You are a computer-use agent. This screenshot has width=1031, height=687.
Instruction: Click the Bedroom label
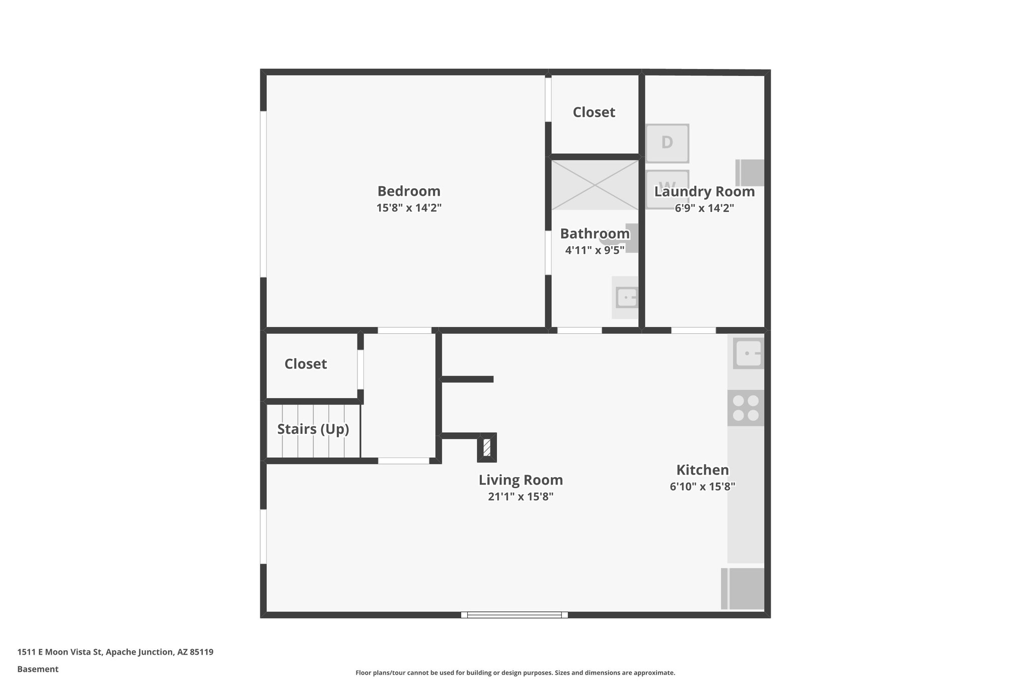409,191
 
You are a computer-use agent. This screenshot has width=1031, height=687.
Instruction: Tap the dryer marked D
667,143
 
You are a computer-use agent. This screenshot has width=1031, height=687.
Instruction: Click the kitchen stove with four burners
746,408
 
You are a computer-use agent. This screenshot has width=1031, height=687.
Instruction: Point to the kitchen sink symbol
749,353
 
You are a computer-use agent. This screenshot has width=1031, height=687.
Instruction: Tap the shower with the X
595,185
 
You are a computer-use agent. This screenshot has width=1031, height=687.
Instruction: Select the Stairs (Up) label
313,429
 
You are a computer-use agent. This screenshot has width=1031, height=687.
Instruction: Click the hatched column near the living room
487,447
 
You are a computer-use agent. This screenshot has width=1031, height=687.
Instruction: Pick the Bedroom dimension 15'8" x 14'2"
409,208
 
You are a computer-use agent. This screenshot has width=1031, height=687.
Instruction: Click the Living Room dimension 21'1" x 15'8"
521,497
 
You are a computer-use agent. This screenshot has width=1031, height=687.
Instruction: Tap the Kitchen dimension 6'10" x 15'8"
702,487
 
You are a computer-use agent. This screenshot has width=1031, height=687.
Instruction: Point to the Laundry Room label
704,192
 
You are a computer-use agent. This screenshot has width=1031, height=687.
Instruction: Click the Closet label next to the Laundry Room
594,112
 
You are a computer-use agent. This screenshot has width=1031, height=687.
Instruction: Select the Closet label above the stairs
306,364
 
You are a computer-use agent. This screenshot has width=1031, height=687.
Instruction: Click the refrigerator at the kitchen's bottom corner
743,588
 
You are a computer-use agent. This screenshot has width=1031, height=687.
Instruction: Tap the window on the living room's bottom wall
514,615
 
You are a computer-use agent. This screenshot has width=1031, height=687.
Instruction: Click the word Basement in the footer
38,669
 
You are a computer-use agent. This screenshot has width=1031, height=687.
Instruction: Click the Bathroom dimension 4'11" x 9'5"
595,250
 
